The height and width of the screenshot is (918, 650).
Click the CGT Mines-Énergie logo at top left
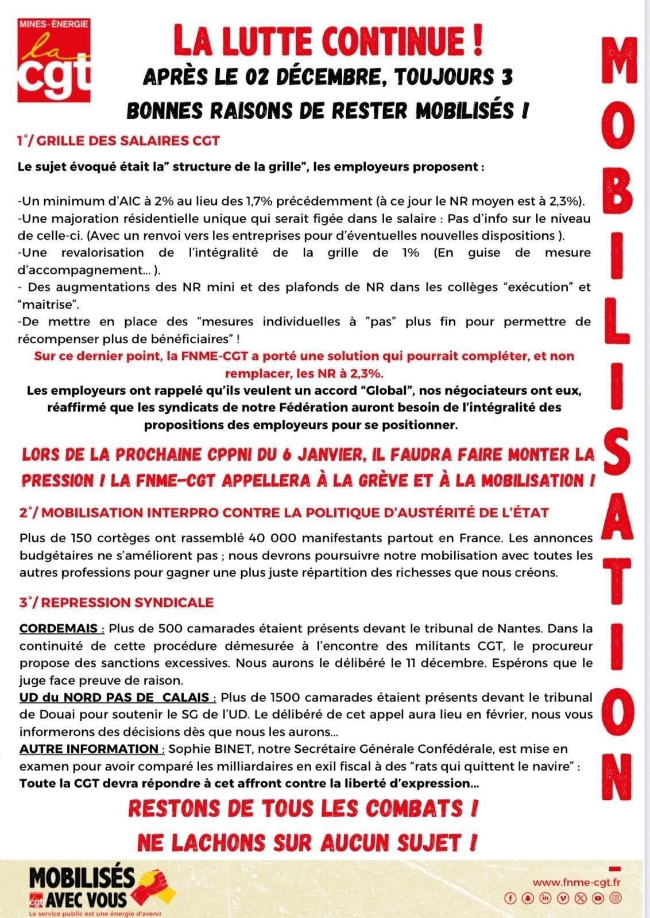click(53, 60)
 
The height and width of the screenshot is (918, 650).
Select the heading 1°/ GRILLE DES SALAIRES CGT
click(118, 141)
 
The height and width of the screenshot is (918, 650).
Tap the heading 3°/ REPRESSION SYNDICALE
click(116, 602)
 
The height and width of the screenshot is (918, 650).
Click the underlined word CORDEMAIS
click(59, 628)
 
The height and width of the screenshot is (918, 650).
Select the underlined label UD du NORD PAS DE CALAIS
click(114, 698)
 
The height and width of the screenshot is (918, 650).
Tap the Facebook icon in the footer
click(510, 898)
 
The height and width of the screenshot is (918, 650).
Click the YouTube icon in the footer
click(598, 898)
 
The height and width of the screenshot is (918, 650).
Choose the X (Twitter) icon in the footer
click(581, 898)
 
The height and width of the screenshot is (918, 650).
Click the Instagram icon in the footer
click(616, 898)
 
